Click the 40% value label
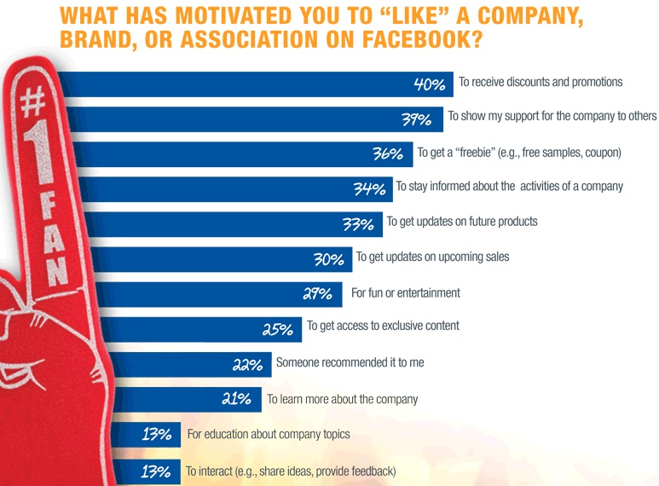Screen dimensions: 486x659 point(430,84)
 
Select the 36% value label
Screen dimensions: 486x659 point(387,155)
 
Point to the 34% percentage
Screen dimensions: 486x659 point(368,189)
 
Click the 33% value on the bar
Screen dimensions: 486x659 point(358,225)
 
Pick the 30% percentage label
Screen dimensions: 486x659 point(328,259)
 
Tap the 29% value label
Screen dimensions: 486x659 point(317,295)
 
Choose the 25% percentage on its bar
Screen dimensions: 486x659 point(278,329)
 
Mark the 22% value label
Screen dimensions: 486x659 point(247,365)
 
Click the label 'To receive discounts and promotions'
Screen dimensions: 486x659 point(540,82)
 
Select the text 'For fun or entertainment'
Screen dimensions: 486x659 point(406,292)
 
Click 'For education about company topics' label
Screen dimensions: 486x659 point(269,434)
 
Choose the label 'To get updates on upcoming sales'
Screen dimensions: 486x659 point(432,257)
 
